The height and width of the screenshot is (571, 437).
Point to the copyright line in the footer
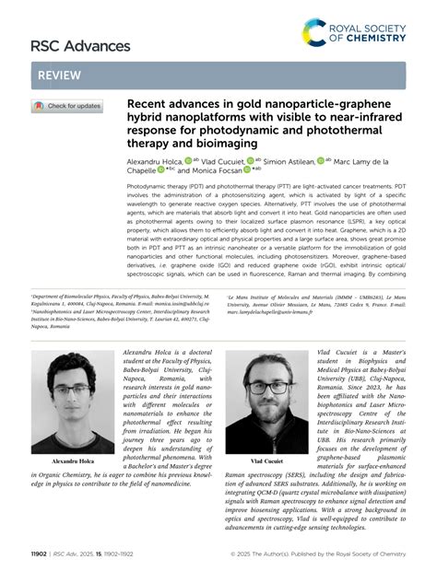pyautogui.click(x=333, y=554)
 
